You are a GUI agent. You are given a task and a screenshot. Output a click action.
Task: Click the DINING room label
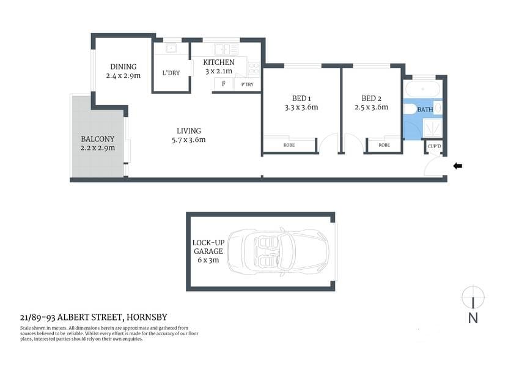123,67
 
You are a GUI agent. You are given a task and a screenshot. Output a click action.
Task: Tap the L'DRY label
171,73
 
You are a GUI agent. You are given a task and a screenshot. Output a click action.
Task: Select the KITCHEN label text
219,62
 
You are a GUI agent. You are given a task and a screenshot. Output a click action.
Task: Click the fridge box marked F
224,84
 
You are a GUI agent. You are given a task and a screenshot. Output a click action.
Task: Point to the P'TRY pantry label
248,84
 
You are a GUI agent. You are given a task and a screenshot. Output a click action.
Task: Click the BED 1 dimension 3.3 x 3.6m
301,108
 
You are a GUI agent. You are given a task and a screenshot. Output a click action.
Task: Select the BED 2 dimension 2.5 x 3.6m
371,108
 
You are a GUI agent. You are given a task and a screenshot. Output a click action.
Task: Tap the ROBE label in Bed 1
289,146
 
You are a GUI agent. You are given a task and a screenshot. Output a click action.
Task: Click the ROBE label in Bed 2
384,146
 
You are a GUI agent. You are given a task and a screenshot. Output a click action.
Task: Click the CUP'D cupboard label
434,147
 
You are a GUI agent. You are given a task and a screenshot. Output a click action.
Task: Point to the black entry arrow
457,166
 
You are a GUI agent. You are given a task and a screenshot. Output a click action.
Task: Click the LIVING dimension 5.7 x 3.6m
188,140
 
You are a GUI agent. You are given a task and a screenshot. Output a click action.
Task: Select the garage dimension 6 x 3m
208,260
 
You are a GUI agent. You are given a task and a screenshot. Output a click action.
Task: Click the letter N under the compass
473,317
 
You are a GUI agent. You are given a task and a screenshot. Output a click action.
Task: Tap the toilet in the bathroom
410,109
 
